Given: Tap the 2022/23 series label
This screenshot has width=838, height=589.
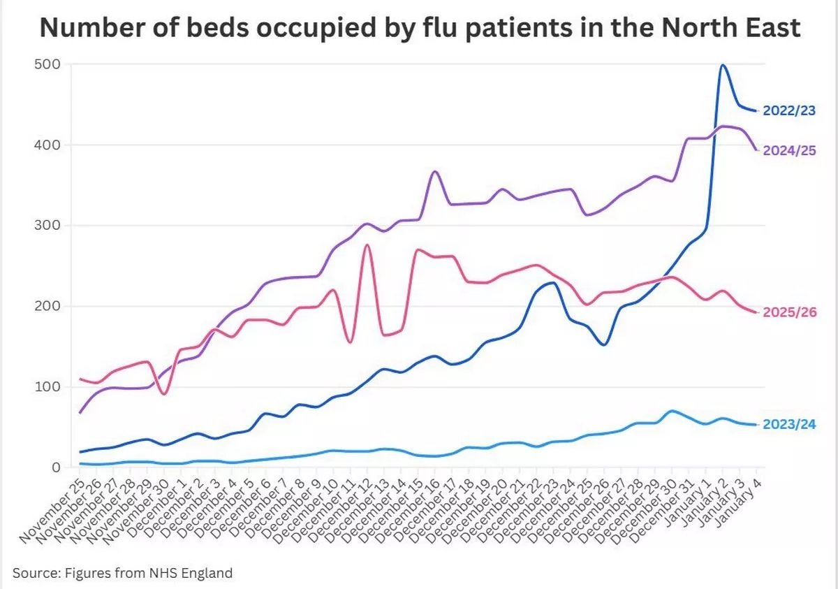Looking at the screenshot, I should point(789,110).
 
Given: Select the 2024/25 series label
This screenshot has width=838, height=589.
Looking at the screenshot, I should point(789,150).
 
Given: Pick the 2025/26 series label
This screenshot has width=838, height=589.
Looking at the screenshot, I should point(789,312).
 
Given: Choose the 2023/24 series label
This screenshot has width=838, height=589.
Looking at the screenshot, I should point(789,425).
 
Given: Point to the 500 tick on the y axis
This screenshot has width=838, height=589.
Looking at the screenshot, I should point(47,64).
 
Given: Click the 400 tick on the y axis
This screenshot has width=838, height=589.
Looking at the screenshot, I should point(47,145).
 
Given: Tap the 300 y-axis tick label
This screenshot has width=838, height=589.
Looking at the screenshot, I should point(47,226).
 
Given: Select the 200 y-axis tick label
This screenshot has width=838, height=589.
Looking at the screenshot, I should point(47,306).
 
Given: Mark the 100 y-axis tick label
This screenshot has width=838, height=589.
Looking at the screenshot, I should point(47,387).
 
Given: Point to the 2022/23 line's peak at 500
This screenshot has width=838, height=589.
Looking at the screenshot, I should point(722,66).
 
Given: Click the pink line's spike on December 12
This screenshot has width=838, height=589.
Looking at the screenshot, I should point(367,245).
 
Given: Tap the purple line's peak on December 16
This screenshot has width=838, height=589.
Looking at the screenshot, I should point(434,171).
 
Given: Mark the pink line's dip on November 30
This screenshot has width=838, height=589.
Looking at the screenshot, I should point(163,394).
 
